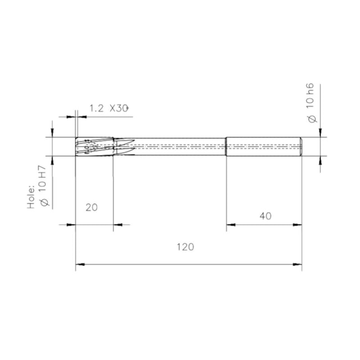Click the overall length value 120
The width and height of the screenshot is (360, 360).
tap(186, 247)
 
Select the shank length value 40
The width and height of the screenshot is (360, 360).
tap(265, 217)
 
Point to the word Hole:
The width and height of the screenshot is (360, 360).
tap(32, 198)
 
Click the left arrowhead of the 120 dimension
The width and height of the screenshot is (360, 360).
tap(79, 265)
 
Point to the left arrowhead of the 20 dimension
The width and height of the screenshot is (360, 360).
tap(71, 224)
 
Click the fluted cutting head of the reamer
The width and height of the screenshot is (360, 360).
tap(94, 147)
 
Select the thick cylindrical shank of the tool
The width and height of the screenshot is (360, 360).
tap(263, 147)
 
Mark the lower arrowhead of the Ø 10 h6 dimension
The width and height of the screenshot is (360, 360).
tap(321, 160)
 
